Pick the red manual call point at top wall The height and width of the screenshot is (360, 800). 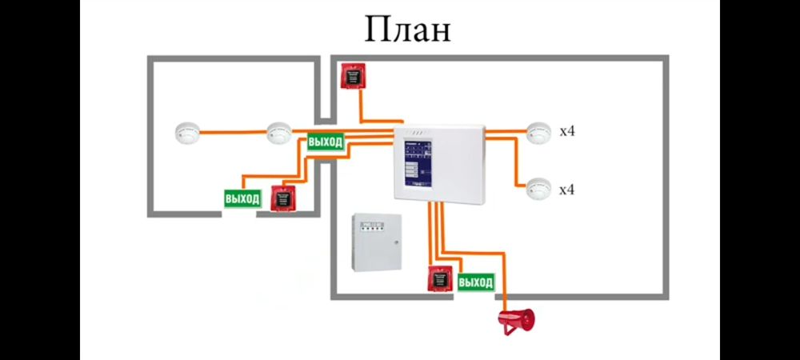tap(352, 75)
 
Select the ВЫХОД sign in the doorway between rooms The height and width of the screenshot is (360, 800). tap(326, 142)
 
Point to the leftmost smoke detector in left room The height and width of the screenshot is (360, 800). tap(186, 132)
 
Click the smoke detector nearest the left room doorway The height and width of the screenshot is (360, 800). tap(278, 132)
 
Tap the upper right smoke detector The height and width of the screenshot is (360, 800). tap(538, 132)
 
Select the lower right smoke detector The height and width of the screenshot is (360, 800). tap(538, 188)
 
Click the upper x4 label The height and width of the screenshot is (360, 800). tap(567, 131)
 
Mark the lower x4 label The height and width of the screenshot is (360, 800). tap(567, 190)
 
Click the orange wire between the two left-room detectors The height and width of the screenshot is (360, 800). tap(232, 132)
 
